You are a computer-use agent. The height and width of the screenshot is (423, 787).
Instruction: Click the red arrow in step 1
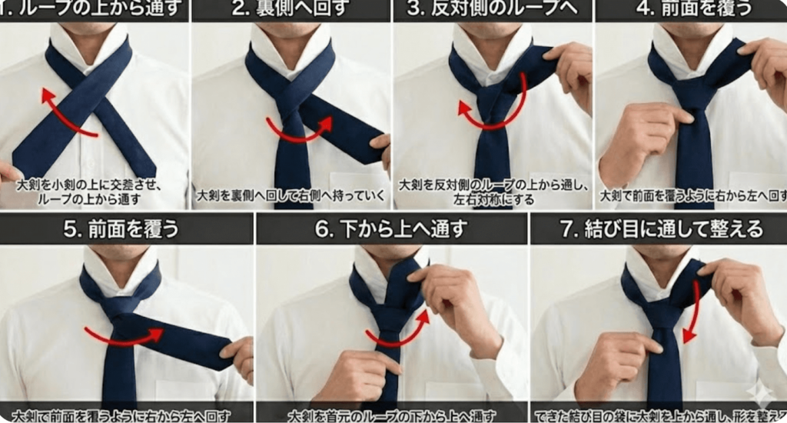point(65,115)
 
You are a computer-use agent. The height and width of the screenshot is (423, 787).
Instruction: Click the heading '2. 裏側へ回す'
point(291,10)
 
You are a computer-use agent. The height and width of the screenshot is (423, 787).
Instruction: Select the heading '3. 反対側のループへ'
point(493,10)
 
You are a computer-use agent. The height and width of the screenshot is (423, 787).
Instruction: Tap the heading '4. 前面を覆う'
point(690,10)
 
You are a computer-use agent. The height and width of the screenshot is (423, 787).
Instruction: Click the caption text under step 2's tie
point(291,195)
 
